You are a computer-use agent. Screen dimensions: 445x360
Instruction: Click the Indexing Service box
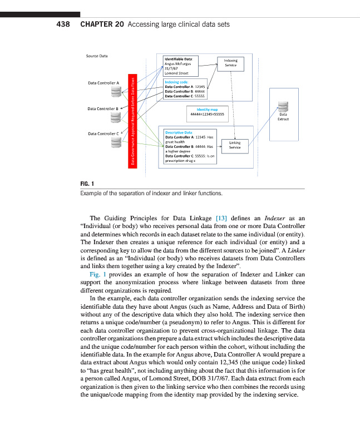click(230, 63)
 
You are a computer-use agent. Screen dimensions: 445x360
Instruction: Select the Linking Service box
click(234, 145)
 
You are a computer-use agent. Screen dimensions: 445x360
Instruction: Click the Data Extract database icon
click(284, 107)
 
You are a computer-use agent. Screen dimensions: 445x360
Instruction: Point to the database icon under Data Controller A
click(116, 91)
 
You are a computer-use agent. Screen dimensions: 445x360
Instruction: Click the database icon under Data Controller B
click(116, 116)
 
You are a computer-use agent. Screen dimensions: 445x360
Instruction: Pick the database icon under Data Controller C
click(116, 142)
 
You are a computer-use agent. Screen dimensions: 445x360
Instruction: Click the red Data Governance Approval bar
click(133, 120)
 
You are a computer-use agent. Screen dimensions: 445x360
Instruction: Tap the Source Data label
click(97, 56)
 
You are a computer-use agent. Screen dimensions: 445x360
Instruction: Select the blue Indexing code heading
click(176, 82)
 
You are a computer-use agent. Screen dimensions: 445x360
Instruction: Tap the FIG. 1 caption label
click(87, 184)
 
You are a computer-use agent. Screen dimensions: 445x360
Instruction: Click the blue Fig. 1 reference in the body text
click(98, 275)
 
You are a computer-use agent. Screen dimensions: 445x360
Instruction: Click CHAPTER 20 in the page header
click(102, 24)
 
